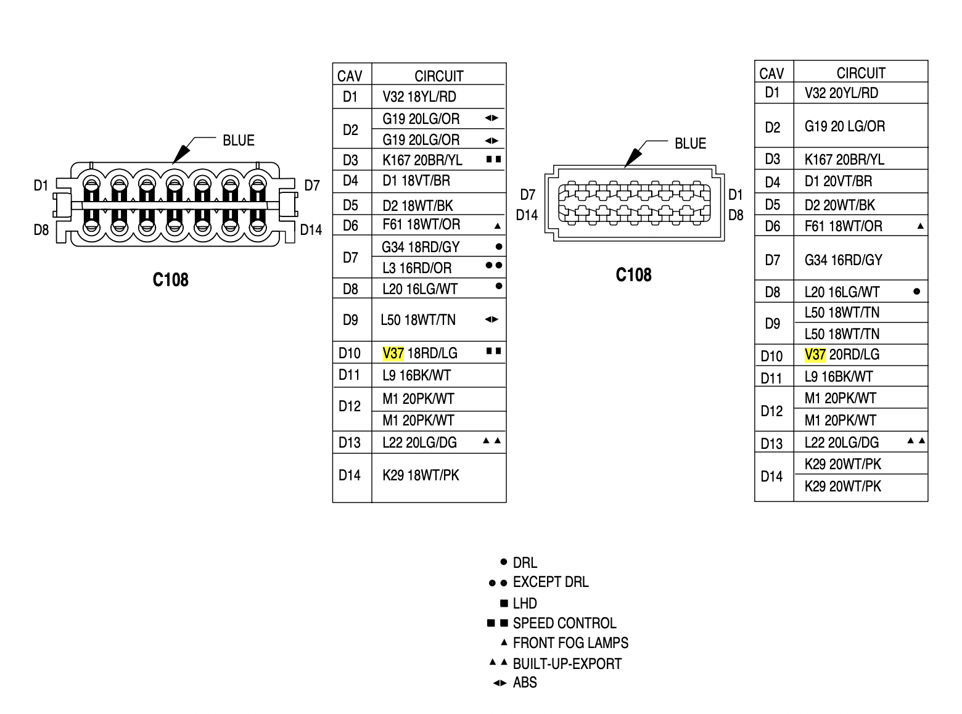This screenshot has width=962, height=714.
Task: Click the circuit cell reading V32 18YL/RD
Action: point(419,97)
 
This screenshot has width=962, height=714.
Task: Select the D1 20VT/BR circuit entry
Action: point(838,181)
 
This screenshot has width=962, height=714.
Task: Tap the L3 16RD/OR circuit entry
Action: point(417,268)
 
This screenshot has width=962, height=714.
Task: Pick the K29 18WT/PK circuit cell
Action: point(421,475)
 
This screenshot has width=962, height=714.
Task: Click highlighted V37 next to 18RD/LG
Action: point(393,353)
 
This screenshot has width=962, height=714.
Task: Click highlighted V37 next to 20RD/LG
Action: point(815,355)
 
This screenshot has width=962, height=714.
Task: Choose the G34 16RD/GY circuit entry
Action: point(843,260)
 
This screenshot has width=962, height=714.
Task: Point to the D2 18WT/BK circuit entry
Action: point(417,205)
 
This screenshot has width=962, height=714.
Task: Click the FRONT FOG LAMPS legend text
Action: point(570,643)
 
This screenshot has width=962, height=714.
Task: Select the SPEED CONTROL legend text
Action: point(564,623)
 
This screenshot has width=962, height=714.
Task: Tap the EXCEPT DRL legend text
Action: point(551,582)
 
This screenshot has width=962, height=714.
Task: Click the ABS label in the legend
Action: point(525,683)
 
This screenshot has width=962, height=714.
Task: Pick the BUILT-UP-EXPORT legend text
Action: point(567,663)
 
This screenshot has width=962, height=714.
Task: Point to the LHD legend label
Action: point(525,603)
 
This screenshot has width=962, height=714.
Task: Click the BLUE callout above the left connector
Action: point(239,141)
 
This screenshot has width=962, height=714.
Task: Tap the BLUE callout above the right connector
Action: point(690,144)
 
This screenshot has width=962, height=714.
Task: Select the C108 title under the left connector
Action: point(170,280)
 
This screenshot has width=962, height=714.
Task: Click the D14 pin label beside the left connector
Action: point(311,230)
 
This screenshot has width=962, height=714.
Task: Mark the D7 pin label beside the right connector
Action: point(528,195)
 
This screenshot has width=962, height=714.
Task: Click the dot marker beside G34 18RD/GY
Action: point(499,247)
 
